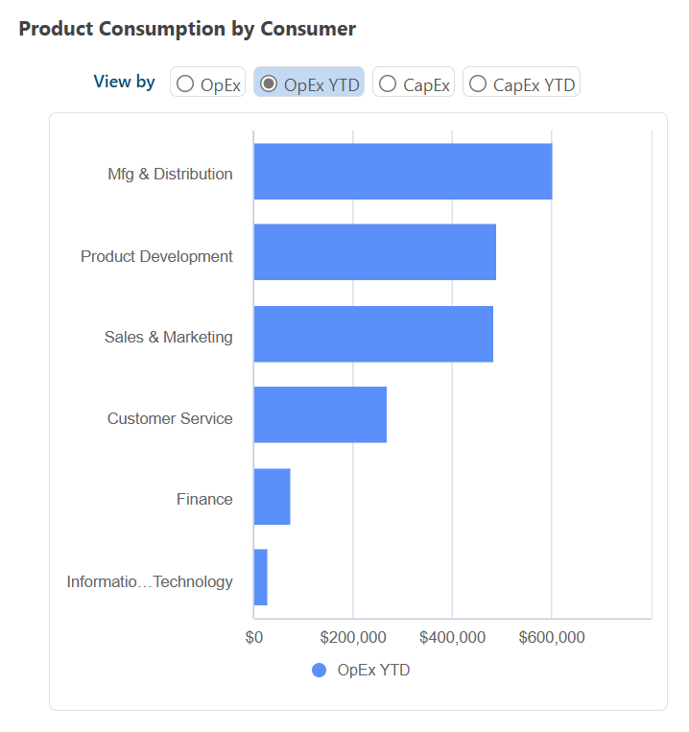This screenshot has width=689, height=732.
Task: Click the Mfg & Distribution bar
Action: tap(403, 172)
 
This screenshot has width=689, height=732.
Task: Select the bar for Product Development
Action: tap(374, 252)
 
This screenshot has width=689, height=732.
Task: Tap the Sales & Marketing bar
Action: tap(373, 334)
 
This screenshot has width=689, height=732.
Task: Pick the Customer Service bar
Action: tap(320, 414)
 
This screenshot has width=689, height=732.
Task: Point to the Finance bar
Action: tap(272, 496)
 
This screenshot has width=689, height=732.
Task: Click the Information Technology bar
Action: tap(260, 578)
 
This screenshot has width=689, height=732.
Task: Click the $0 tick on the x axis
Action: tap(254, 638)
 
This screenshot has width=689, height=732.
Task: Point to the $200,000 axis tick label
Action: tap(353, 638)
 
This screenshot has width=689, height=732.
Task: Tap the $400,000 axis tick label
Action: tap(452, 638)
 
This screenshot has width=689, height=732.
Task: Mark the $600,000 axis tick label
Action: tap(552, 638)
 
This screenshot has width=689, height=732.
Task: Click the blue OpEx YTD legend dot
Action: tap(320, 671)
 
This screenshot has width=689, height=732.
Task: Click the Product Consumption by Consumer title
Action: tap(187, 29)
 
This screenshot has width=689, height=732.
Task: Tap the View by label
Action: tap(124, 82)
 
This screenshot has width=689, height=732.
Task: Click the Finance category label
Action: tap(204, 499)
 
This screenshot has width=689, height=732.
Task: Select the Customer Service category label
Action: tap(170, 418)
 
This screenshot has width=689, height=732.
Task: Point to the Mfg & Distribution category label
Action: tap(170, 174)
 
